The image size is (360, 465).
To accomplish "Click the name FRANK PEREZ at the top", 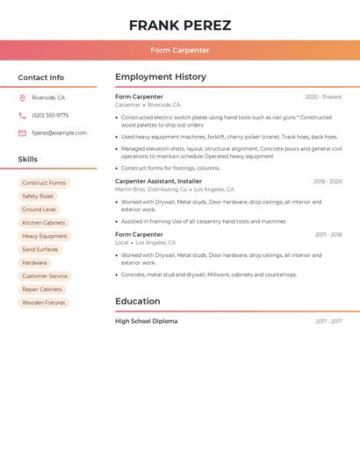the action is tap(180, 25).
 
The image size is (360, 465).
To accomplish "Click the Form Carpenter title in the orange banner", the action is tap(180, 50).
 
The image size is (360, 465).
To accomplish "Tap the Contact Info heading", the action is tap(40, 77).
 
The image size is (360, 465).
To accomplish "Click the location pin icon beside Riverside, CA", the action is tap(22, 97).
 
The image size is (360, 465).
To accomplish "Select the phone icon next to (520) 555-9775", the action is tap(22, 115).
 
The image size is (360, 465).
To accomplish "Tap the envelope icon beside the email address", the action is tap(22, 133).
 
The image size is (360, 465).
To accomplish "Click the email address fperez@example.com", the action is tap(59, 133).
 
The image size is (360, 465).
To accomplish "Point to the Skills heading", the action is tap(27, 159).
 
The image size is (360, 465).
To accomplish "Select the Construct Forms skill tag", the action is tap(44, 183).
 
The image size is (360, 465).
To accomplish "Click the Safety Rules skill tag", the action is tap(38, 197).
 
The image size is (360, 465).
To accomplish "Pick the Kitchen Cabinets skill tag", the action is tap(43, 223).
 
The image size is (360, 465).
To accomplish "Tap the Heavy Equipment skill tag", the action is tap(44, 236).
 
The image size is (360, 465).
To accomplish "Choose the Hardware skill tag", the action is tap(34, 263).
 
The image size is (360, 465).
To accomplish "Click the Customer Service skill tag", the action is tap(45, 276).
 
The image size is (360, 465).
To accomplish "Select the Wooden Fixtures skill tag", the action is tap(44, 303).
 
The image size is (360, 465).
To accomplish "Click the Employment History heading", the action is tap(160, 77).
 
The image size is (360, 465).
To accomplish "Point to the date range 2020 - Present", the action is tap(323, 97).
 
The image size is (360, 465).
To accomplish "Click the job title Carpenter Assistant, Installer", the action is tap(158, 181).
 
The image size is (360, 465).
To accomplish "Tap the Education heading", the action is tap(137, 301).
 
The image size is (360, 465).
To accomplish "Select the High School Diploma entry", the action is tap(146, 321).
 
